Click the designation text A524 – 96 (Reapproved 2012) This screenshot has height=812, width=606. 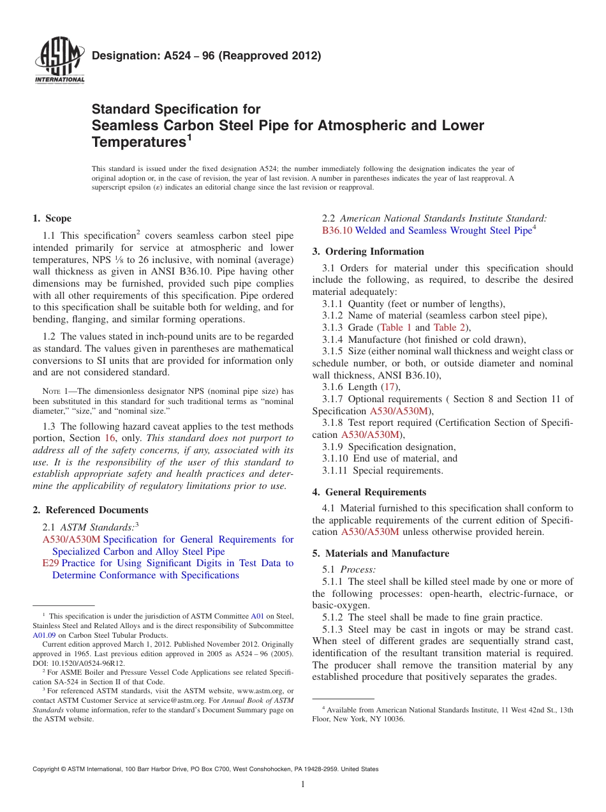206,56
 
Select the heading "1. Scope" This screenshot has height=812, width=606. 52,218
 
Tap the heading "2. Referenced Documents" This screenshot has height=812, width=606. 91,510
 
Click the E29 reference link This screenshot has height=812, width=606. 50,563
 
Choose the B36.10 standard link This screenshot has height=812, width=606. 337,230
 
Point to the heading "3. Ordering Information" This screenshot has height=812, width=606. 368,252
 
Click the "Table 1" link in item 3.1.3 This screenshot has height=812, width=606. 395,327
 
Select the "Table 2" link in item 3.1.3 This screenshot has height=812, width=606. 449,327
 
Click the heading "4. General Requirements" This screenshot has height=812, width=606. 369,492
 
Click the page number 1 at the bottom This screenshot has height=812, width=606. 303,785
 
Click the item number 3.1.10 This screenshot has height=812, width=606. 336,458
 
